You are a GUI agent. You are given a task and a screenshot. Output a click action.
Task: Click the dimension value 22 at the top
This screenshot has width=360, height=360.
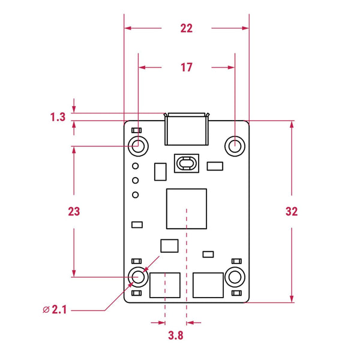pyautogui.click(x=187, y=28)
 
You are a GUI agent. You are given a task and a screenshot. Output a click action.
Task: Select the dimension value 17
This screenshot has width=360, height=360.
pyautogui.click(x=187, y=68)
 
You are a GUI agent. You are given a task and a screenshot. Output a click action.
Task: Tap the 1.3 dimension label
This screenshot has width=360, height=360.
pyautogui.click(x=58, y=117)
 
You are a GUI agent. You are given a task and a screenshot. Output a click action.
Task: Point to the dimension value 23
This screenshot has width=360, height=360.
pyautogui.click(x=74, y=212)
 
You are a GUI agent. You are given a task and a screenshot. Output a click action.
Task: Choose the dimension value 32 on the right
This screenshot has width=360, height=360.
pyautogui.click(x=292, y=212)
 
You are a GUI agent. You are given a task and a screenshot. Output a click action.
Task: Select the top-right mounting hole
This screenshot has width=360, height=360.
pyautogui.click(x=235, y=145)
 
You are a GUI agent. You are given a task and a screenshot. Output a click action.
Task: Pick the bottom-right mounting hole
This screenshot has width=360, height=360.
pyautogui.click(x=235, y=277)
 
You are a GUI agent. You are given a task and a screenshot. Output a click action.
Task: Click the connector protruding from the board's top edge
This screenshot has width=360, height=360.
pyautogui.click(x=187, y=128)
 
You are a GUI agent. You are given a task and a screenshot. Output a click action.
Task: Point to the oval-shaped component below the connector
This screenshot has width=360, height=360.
pyautogui.click(x=187, y=163)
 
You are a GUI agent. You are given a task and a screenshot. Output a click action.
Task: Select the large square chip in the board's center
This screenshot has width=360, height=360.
pyautogui.click(x=187, y=208)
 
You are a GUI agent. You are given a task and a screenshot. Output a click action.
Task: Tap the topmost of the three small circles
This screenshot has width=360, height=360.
pyautogui.click(x=136, y=166)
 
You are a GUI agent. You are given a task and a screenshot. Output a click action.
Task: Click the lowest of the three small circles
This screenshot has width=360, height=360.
pyautogui.click(x=136, y=194)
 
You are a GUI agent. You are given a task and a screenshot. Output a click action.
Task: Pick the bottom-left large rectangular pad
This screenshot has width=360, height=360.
pyautogui.click(x=165, y=284)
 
